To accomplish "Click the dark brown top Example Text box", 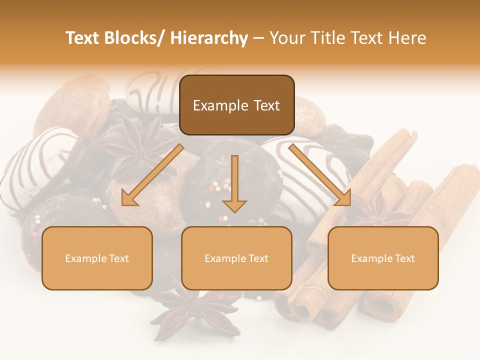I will coord(236,105).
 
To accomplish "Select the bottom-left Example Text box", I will coord(97,258).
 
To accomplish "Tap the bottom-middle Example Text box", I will coord(236,258).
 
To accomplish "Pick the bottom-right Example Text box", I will coord(383,258).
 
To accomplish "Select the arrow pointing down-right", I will coord(320,175).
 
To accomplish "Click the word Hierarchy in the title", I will coord(208,38).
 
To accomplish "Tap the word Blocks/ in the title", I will coord(134,38).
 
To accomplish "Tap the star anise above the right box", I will coord(377,210).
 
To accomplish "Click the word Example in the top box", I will coord(219,105).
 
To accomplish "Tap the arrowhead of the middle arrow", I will coord(234,205).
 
